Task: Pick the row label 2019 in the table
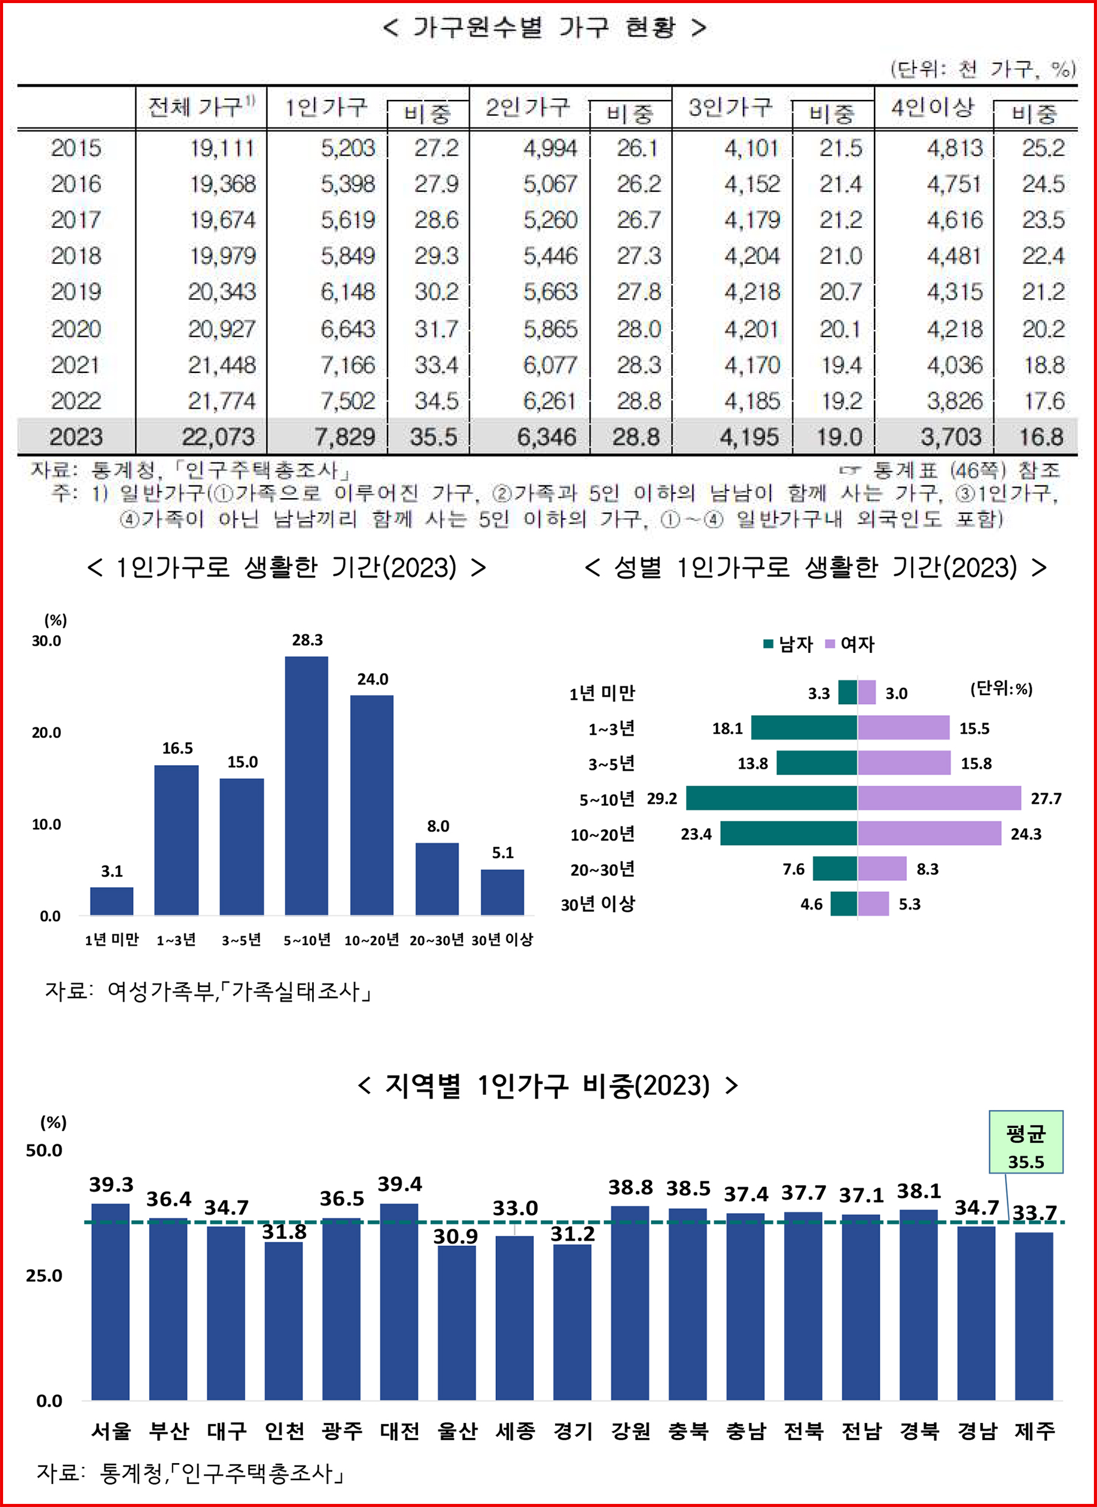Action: pyautogui.click(x=76, y=291)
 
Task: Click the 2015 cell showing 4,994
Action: pyautogui.click(x=550, y=148)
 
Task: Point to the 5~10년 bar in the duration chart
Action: pyautogui.click(x=307, y=785)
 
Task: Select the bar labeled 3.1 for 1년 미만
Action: pyautogui.click(x=112, y=901)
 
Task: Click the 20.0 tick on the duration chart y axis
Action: pyautogui.click(x=46, y=732)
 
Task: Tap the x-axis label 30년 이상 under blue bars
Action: pyautogui.click(x=502, y=939)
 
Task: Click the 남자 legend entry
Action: pyautogui.click(x=789, y=644)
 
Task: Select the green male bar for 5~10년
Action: pyautogui.click(x=771, y=798)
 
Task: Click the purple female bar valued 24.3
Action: pyautogui.click(x=929, y=833)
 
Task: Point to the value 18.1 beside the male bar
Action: pyautogui.click(x=727, y=729)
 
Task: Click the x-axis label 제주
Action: pyautogui.click(x=1035, y=1430)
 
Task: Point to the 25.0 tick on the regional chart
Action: pyautogui.click(x=44, y=1276)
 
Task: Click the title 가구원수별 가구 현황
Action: pyautogui.click(x=544, y=28)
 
